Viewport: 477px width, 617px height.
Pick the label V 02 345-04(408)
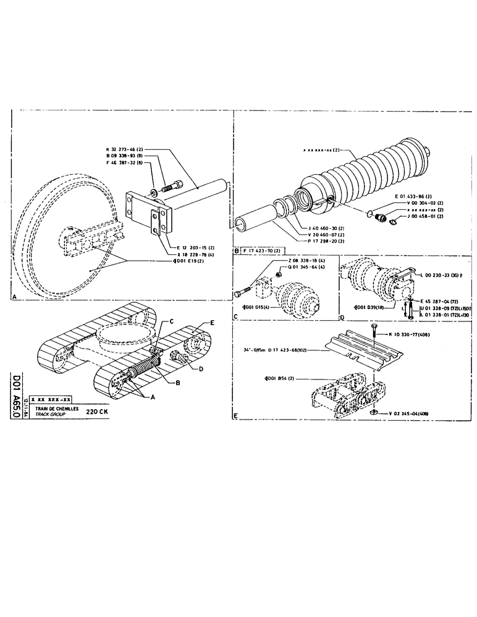coord(414,412)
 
